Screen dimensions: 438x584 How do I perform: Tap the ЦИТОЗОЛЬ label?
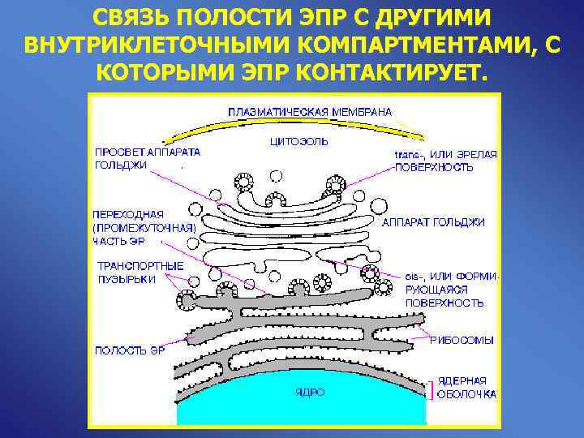pos(298,141)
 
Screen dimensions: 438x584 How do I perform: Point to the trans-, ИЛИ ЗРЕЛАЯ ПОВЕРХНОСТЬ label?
pos(445,160)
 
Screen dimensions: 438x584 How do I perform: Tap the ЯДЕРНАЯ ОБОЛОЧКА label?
pos(467,387)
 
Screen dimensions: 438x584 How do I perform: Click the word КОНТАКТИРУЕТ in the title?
pos(393,73)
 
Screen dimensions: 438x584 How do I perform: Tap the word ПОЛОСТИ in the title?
pos(218,18)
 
